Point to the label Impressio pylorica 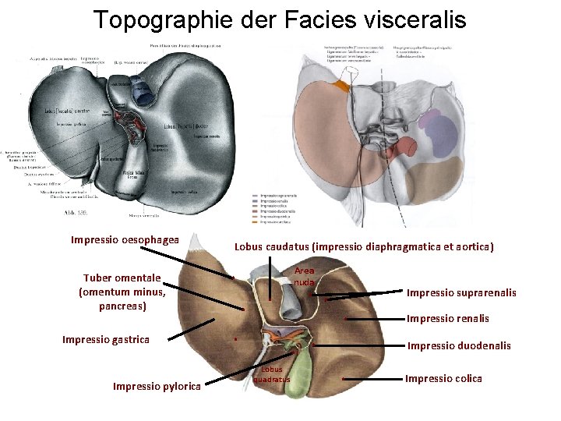click(157, 386)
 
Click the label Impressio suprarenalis click(461, 292)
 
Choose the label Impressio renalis click(448, 318)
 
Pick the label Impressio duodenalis click(459, 345)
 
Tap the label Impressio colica click(443, 378)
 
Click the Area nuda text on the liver click(304, 276)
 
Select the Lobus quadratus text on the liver click(272, 374)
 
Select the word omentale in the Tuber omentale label click(137, 278)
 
